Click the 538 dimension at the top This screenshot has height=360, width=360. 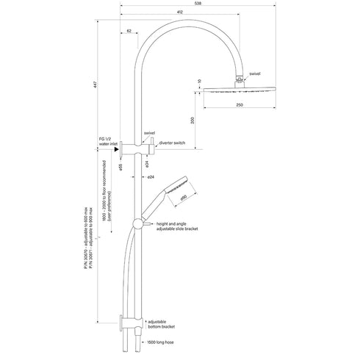tap(192, 4)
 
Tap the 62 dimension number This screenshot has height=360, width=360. tap(129, 32)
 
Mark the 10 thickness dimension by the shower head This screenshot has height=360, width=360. tap(199, 81)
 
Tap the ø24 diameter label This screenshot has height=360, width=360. tap(150, 178)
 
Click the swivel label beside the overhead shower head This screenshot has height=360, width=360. tap(255, 74)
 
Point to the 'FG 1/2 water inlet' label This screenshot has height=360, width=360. tap(98, 141)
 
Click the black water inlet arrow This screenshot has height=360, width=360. tap(117, 149)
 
